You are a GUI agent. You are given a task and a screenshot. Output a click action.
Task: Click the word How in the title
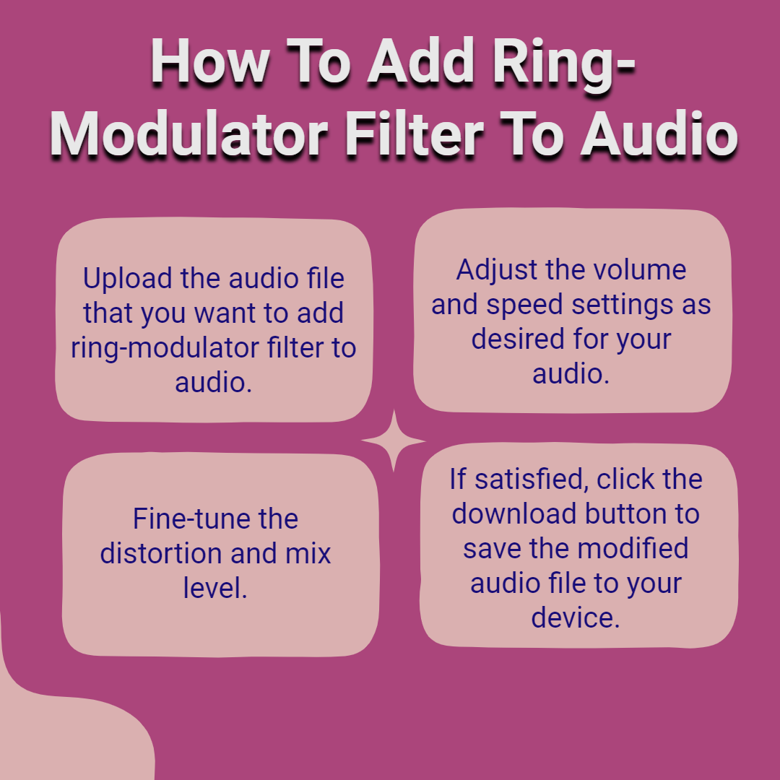(211, 61)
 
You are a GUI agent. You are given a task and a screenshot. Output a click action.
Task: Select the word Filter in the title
(414, 134)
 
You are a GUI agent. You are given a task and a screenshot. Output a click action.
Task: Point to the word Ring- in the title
(565, 65)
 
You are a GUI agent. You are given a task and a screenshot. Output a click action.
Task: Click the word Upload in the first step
(127, 279)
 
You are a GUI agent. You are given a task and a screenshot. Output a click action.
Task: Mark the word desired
(518, 339)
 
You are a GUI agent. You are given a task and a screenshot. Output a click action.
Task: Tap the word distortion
(160, 553)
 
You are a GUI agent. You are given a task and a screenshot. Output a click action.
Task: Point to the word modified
(633, 548)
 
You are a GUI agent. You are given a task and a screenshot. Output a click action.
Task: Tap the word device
(576, 617)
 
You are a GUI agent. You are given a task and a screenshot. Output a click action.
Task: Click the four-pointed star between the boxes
(394, 441)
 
